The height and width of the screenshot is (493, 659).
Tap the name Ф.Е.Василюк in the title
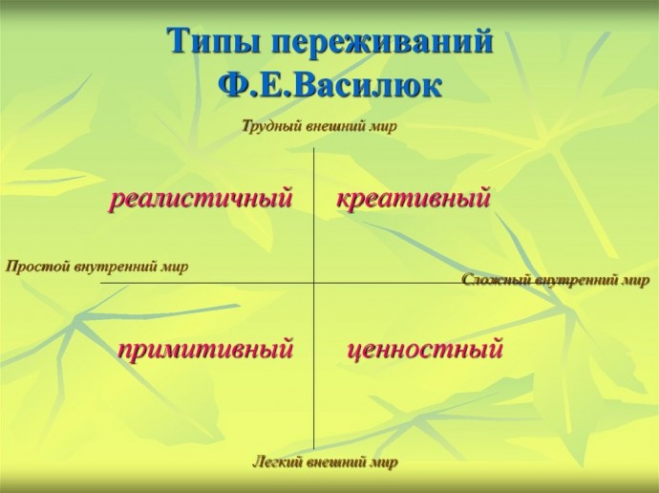click(x=329, y=86)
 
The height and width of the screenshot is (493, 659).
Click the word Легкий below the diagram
click(x=277, y=462)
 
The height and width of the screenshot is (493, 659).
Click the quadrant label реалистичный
click(x=201, y=198)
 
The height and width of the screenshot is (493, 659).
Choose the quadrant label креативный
click(x=414, y=198)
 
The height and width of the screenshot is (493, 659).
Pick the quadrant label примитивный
click(x=205, y=350)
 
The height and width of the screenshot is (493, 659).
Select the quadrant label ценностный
click(x=425, y=350)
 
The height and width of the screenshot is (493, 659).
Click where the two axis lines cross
click(x=314, y=283)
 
